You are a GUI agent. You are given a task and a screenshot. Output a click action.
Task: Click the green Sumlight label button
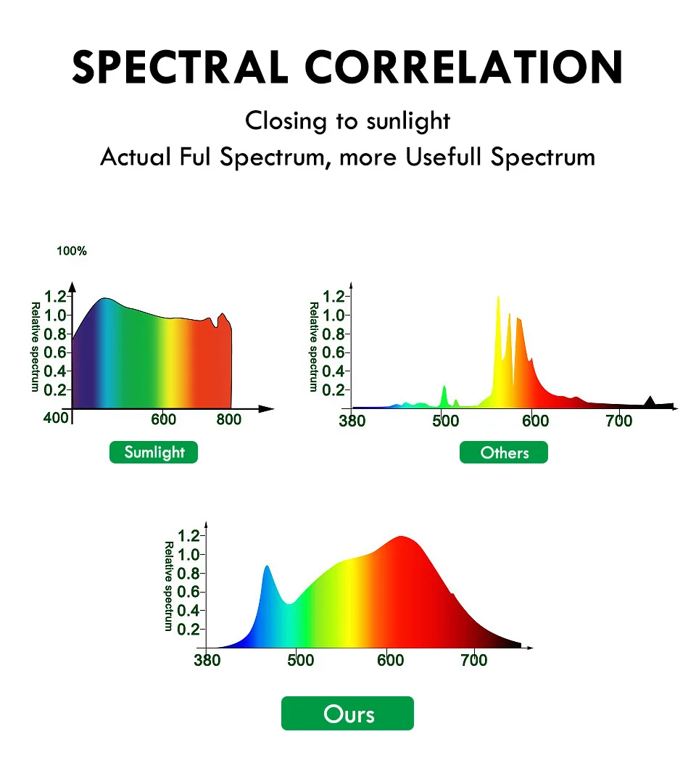pos(154,453)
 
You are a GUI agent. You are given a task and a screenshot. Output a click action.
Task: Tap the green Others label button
pos(504,453)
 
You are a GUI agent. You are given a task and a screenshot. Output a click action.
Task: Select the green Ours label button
pos(347,714)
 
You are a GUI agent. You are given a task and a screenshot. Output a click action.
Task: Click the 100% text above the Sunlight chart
pos(72,251)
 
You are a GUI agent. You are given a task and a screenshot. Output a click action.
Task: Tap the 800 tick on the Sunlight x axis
pos(229,419)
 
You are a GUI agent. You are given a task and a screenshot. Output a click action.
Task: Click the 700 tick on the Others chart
pos(618,421)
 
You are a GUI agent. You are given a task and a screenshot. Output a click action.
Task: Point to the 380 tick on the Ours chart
pos(208,660)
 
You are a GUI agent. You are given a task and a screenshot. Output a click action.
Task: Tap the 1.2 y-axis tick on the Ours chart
pos(189,536)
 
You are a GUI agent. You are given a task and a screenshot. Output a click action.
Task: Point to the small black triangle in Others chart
pos(650,401)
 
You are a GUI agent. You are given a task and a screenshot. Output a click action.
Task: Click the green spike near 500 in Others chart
pos(444,392)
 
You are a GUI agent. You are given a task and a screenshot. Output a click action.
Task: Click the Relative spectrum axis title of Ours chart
pos(168,586)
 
